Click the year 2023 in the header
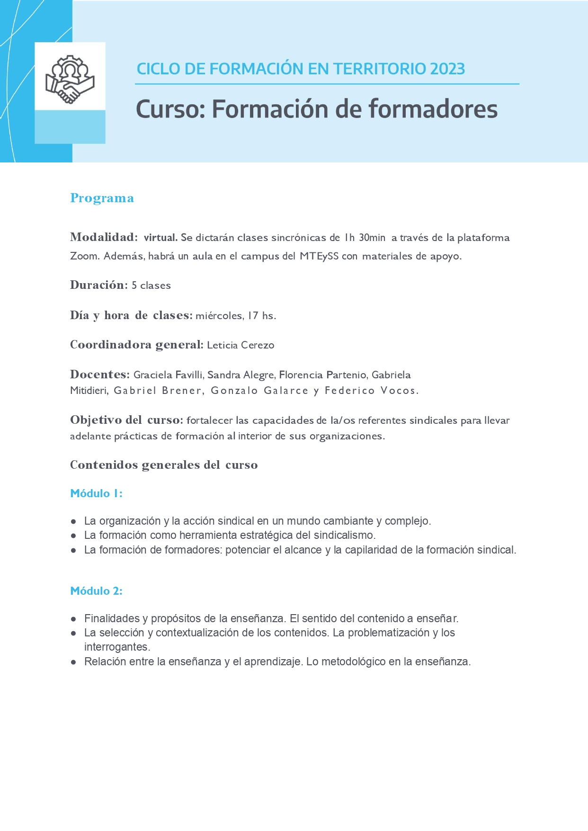[x=447, y=69]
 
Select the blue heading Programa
[x=102, y=198]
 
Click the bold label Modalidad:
[x=104, y=237]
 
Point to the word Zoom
[x=85, y=256]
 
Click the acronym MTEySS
[x=319, y=256]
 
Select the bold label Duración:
[x=99, y=285]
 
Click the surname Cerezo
[x=258, y=345]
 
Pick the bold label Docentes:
[x=100, y=375]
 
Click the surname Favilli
[x=189, y=375]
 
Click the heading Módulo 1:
[x=96, y=493]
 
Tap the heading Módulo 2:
[x=96, y=591]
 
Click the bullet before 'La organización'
[x=73, y=521]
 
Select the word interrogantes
[x=116, y=647]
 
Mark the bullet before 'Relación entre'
[x=73, y=662]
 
